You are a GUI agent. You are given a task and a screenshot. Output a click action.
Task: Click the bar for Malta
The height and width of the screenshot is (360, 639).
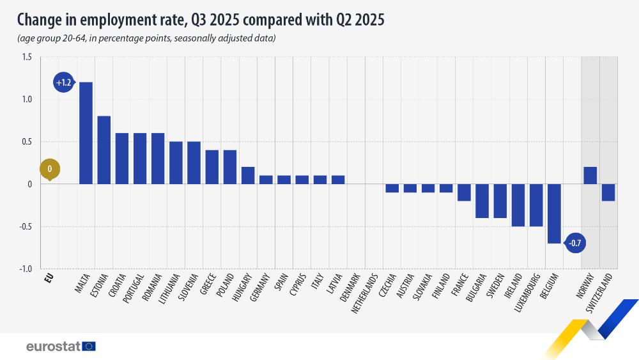[86, 133]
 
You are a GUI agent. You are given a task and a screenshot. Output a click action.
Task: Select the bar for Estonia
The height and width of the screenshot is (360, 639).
[104, 150]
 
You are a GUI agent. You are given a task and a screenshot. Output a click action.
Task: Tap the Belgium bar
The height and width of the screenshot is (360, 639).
[554, 214]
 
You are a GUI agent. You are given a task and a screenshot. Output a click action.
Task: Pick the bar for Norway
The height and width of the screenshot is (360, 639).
[590, 175]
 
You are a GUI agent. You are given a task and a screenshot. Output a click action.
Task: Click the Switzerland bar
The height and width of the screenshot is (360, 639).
[608, 192]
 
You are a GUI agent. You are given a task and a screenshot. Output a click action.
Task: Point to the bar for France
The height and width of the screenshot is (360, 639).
[464, 192]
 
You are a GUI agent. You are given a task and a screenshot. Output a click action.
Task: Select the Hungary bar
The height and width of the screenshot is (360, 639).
[248, 175]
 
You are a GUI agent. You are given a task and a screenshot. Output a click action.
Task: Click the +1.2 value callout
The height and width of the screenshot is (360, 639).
[63, 82]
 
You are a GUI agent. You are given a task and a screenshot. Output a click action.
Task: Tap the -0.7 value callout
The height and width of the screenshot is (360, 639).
[575, 243]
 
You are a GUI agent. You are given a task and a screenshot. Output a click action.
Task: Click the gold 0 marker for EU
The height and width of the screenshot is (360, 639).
[49, 169]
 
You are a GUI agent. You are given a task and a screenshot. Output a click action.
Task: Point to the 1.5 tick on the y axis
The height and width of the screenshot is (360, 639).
[27, 58]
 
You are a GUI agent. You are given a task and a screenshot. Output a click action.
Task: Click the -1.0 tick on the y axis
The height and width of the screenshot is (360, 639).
[26, 269]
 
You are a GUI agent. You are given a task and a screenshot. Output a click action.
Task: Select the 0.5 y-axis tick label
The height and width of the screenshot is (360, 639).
[27, 142]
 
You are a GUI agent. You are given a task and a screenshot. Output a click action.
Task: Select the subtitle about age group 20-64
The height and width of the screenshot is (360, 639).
[146, 38]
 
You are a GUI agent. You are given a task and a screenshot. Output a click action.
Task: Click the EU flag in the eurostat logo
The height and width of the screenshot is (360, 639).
[89, 346]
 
